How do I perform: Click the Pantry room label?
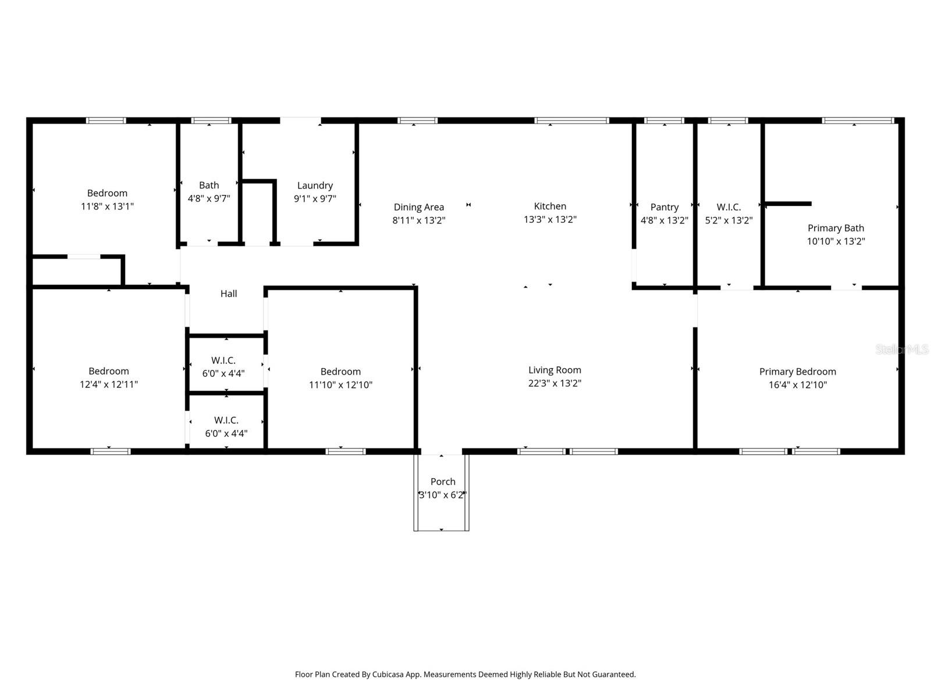pos(664,207)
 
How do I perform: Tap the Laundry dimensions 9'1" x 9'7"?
pos(315,198)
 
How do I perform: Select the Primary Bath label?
pos(836,228)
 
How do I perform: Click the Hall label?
pos(229,294)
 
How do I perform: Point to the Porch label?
pos(443,482)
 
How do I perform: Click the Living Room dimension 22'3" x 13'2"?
pos(555,383)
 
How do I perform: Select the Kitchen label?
pos(550,206)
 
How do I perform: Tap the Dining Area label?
pos(418,207)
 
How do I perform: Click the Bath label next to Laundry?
pos(209,185)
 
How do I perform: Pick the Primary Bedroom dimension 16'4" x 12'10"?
pos(797,384)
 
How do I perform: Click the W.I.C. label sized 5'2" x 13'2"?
pos(729,207)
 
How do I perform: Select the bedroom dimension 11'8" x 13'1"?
pos(107,206)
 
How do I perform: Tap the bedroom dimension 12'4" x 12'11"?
pos(109,384)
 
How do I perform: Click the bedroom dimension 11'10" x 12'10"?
pos(340,384)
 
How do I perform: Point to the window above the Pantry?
pos(664,121)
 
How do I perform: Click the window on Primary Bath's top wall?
pos(857,121)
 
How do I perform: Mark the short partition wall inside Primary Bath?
pos(788,204)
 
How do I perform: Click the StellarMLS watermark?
pos(901,349)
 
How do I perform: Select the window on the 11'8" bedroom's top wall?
pos(106,121)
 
